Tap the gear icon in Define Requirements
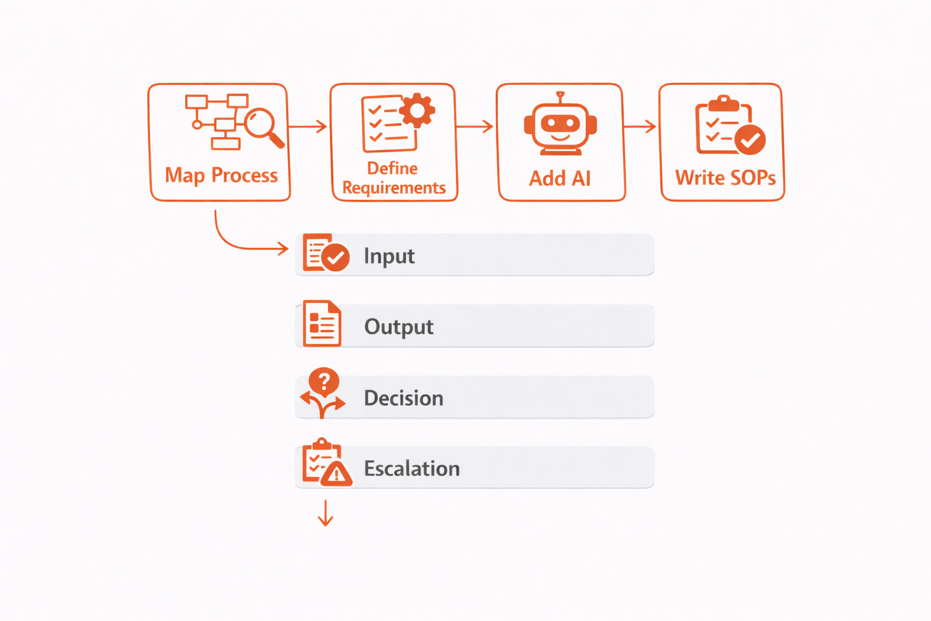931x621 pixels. [416, 110]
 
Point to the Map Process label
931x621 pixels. [221, 175]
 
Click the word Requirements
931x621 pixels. [394, 188]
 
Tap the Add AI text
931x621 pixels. [559, 178]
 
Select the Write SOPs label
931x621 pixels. [725, 178]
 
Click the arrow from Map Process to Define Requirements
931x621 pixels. [308, 126]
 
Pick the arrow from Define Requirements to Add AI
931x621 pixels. [475, 126]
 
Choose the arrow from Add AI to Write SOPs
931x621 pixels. [640, 126]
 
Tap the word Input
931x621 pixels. [389, 256]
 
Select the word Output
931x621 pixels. [399, 327]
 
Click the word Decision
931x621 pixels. [404, 398]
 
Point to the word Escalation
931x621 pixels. [412, 469]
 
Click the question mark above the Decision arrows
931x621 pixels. [324, 381]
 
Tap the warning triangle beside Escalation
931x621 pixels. [336, 474]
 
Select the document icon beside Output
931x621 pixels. [322, 324]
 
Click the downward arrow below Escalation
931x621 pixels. [325, 513]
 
